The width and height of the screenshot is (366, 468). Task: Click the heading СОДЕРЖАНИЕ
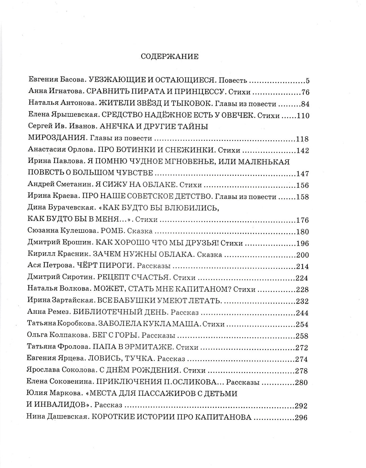pyautogui.click(x=169, y=57)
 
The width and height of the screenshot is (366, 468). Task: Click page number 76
pyautogui.click(x=305, y=93)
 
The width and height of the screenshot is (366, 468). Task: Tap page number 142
pyautogui.click(x=303, y=150)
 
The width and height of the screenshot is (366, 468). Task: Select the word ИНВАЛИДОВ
pyautogui.click(x=60, y=405)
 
